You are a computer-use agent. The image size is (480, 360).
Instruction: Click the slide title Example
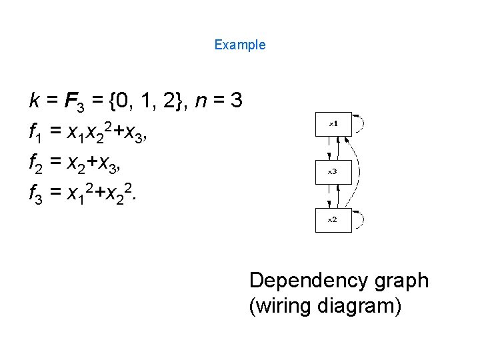240,45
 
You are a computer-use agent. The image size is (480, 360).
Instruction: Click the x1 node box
333,125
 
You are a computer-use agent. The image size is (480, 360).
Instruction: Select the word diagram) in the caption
358,307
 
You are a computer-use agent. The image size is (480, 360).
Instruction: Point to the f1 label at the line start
36,133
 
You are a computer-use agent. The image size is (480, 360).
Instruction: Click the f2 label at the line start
36,163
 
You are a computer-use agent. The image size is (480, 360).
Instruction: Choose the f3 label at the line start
36,193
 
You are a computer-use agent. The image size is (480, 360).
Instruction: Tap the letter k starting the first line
33,101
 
